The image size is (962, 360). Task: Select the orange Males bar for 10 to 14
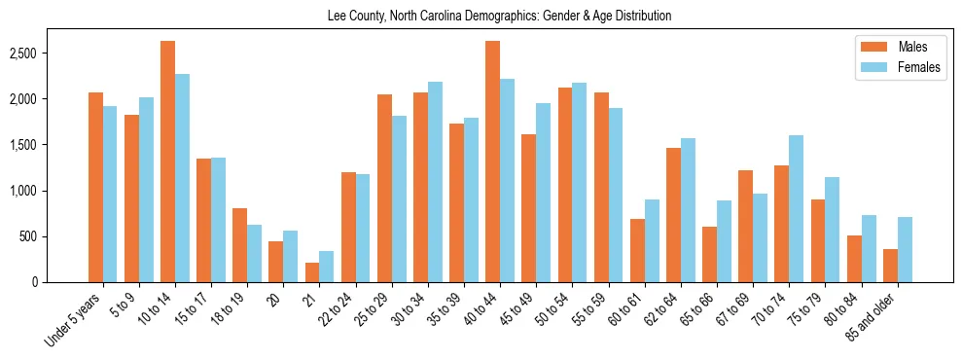tap(167, 162)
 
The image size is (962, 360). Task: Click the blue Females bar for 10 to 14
tap(182, 178)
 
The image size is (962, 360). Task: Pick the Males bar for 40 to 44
tap(492, 162)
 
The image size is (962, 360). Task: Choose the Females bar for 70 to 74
tap(796, 208)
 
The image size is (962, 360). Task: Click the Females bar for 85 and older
tap(905, 249)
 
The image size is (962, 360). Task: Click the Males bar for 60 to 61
tap(637, 250)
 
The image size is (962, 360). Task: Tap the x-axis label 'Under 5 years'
tap(76, 318)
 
